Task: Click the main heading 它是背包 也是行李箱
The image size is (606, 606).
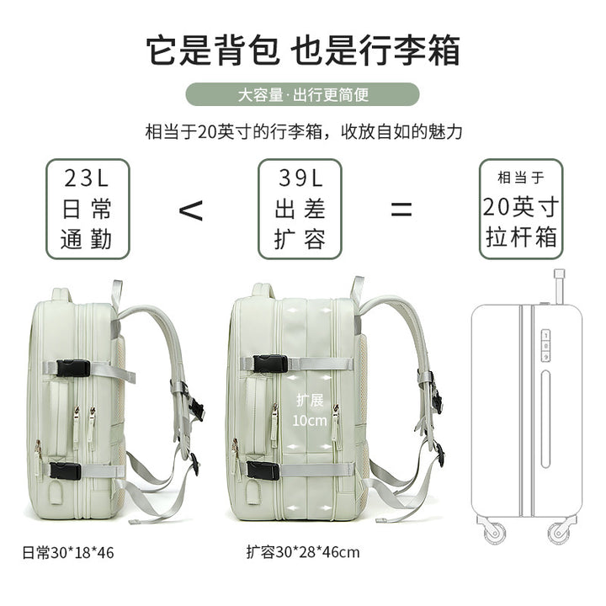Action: coord(303,50)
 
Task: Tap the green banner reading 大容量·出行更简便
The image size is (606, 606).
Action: coord(303,94)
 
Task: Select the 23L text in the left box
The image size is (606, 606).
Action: coord(87,178)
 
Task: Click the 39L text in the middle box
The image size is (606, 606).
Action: coord(300,178)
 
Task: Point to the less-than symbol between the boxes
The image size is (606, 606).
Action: coord(191,210)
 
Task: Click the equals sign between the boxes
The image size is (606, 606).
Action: coord(401,210)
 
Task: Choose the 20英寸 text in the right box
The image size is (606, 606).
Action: coord(521,207)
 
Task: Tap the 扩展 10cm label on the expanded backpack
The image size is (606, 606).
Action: coord(310,411)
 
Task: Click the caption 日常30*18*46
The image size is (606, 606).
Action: coord(68,553)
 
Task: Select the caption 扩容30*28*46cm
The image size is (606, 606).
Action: coord(303,552)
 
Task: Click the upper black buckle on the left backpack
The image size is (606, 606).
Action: coord(73,368)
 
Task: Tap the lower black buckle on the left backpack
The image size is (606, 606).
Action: coord(66,471)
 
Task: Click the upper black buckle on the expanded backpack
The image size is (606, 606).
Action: coord(270,364)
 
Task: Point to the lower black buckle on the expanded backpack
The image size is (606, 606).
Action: coord(263,470)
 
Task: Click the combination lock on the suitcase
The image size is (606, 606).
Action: coord(545,346)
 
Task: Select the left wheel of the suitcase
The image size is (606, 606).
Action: coord(494,532)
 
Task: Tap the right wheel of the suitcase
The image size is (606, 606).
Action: coord(559,532)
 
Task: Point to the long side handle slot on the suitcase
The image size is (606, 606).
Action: coord(545,419)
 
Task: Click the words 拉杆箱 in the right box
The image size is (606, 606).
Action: coord(521,237)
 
